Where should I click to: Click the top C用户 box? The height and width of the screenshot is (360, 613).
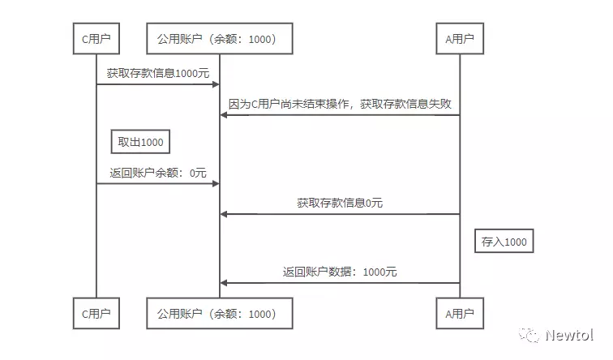96,38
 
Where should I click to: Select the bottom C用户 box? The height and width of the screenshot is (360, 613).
96,312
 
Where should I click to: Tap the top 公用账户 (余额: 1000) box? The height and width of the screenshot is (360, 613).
219,38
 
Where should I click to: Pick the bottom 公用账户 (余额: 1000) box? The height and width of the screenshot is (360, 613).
219,312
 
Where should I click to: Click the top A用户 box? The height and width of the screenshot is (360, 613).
460,38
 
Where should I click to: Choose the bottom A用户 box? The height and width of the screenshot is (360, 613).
460,312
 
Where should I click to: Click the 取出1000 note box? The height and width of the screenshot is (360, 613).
141,143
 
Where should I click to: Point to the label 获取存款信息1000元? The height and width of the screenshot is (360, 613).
152,73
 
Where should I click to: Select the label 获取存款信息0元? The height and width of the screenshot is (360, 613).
340,203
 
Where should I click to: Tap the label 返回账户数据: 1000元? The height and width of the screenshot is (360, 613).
341,272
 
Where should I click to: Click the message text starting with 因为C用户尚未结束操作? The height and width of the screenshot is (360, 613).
340,104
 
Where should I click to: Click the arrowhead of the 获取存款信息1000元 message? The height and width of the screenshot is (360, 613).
216,84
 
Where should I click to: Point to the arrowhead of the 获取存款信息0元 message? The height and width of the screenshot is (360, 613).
224,214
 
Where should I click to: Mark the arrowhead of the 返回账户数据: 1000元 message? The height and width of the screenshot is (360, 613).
224,283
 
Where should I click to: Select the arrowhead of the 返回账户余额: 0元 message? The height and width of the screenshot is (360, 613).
216,184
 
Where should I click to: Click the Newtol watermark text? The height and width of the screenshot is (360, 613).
568,334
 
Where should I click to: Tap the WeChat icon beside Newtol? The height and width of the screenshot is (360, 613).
529,334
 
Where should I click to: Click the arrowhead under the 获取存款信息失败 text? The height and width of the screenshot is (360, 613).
224,115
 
